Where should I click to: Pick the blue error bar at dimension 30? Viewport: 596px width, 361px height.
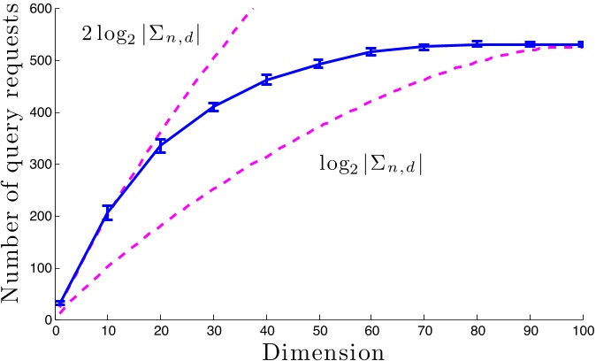(x=213, y=107)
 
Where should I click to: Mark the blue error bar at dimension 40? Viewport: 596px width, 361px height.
(x=266, y=80)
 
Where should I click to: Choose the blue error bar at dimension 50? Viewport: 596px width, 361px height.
(x=319, y=64)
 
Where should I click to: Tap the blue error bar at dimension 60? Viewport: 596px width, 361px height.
(x=371, y=52)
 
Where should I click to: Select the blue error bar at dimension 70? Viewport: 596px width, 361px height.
(x=424, y=47)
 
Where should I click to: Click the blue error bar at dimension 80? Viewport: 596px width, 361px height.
(x=477, y=44)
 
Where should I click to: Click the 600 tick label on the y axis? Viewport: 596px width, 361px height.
(x=38, y=9)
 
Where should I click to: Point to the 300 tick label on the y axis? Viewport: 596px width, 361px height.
(x=38, y=165)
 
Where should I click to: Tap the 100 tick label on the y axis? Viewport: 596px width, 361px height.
(x=38, y=268)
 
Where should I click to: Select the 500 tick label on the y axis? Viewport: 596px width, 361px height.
(x=38, y=61)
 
